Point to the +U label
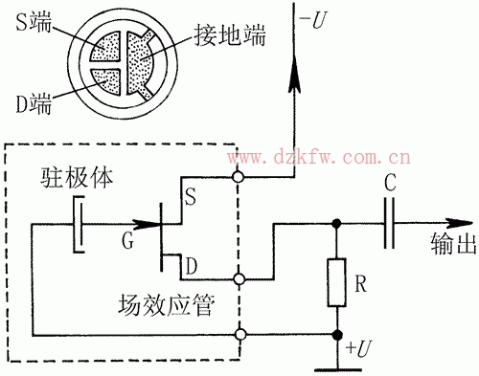(x=359, y=348)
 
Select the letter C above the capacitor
(x=388, y=182)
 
